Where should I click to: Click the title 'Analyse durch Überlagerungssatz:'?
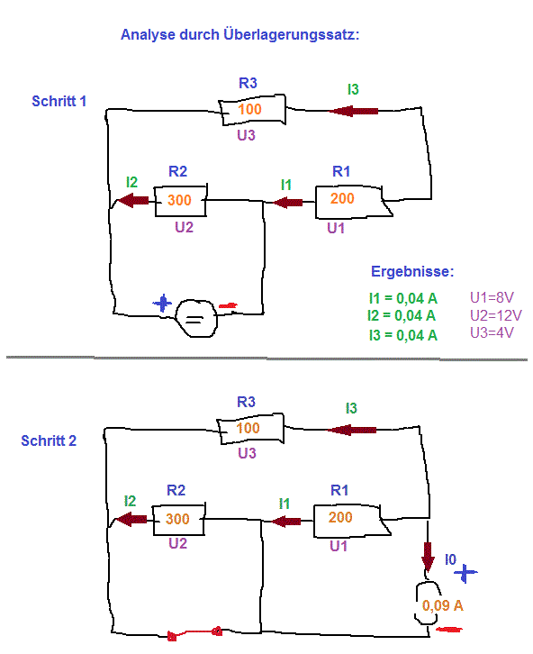pos(240,34)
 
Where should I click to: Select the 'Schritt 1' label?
pos(59,101)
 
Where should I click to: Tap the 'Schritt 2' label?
pos(49,441)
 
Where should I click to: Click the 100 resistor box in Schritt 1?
pos(252,110)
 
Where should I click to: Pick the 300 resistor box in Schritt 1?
pos(180,201)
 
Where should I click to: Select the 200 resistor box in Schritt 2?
pos(352,520)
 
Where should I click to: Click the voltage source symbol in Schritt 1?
pos(196,318)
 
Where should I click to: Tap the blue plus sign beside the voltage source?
pos(163,304)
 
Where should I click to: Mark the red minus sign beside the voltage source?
pos(229,305)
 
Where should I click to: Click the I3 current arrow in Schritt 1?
pos(354,111)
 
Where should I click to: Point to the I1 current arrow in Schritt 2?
pos(286,521)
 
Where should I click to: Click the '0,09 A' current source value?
pos(443,605)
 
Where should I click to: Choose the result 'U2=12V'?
pos(495,315)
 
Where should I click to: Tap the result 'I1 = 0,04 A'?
pos(403,298)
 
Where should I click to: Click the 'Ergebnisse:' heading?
pos(412,271)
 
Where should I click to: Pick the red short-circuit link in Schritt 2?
pos(194,633)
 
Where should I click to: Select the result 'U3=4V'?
pos(492,332)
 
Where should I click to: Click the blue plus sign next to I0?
pos(465,573)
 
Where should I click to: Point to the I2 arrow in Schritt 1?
pos(133,201)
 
